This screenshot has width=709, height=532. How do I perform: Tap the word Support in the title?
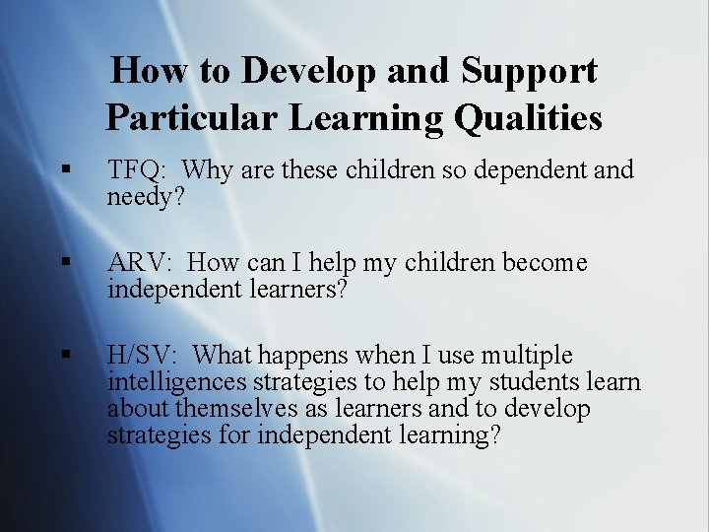click(529, 71)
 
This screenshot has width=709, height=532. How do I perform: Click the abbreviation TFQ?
click(137, 170)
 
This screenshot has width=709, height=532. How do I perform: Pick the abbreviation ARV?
click(139, 263)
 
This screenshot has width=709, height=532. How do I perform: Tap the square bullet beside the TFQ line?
click(65, 171)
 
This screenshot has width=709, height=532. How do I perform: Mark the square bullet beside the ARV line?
click(65, 264)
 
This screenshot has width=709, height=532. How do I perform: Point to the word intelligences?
click(177, 382)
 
